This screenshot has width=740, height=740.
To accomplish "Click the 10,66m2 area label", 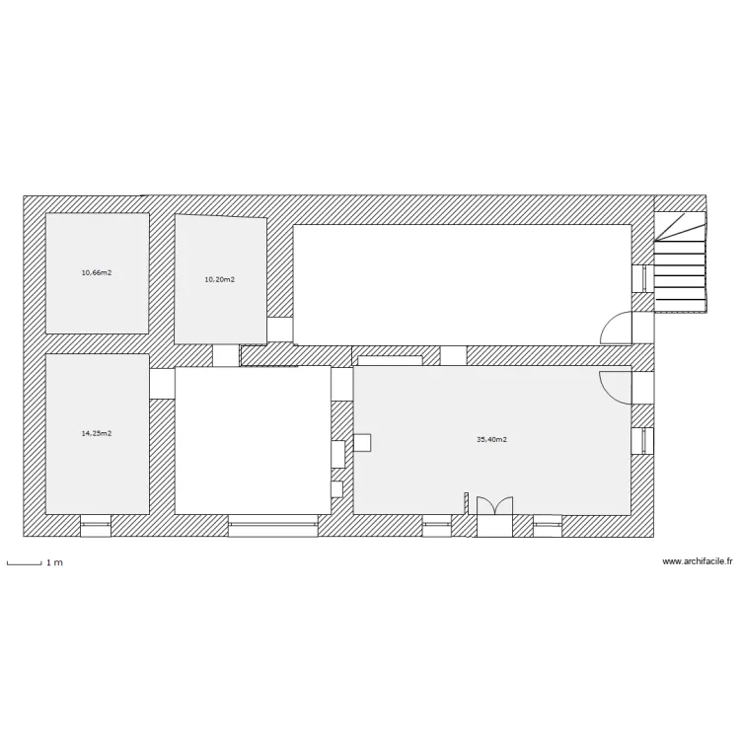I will coord(96,272).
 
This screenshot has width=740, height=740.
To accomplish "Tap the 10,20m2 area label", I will coord(219,279).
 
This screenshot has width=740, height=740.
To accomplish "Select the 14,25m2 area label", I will coord(96,433).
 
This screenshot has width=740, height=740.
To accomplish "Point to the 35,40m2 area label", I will coord(491,440).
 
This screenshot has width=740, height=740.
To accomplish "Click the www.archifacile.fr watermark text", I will coord(698,561).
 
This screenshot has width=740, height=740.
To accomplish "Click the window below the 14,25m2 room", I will coord(96,526).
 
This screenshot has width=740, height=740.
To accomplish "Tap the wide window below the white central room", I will coord(272,526).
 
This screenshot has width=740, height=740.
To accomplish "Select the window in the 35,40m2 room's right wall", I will coord(643,441).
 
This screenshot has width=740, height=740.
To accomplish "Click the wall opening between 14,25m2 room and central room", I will coord(162,384).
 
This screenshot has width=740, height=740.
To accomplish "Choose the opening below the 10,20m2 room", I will coord(226,355).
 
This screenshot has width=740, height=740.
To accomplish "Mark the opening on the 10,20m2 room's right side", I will coord(280,330).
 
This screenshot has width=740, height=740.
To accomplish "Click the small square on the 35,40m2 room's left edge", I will coord(362,442).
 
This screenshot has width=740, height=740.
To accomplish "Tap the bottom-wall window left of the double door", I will coord(436,526).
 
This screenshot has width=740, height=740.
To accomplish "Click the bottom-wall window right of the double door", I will coord(548,526).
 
